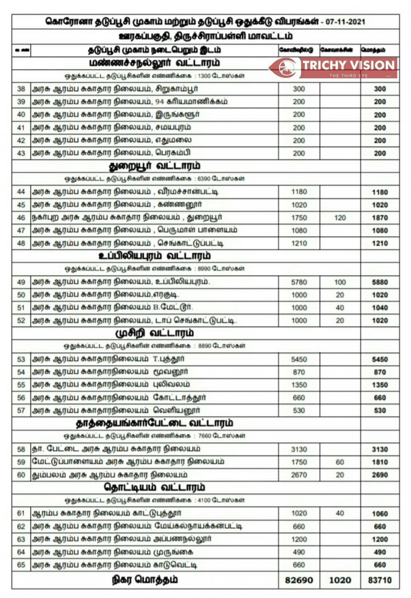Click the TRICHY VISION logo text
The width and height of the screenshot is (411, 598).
coord(349,65)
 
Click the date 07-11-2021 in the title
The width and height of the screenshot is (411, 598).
coord(344,22)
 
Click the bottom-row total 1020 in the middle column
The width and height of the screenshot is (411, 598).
coord(340,579)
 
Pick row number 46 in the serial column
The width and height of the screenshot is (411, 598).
coord(21,218)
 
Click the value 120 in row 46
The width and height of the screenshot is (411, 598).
coord(340,218)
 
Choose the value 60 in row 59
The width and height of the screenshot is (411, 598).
coord(340,462)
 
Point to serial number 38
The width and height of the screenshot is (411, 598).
coord(21,89)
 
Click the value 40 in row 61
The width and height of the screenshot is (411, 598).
coord(340,514)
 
